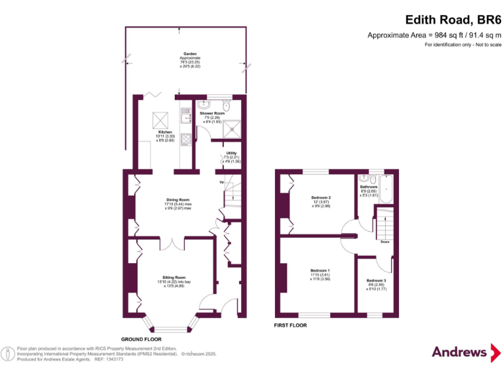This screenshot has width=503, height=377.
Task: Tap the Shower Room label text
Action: (x=212, y=113)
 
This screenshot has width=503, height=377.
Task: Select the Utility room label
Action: (x=231, y=153)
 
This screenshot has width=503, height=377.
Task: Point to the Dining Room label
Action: (x=177, y=200)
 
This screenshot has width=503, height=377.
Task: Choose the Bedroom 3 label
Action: (x=377, y=280)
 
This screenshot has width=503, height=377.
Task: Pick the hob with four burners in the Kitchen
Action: (x=186, y=138)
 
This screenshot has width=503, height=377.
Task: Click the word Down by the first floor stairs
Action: (x=385, y=242)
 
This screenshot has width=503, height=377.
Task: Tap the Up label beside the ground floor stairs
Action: (x=221, y=182)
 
